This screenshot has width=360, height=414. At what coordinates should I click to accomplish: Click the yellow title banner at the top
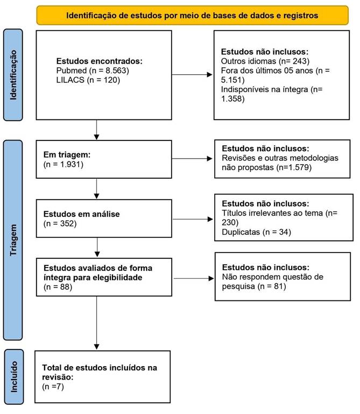[193, 15]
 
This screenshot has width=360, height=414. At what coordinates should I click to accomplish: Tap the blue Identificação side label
[13, 75]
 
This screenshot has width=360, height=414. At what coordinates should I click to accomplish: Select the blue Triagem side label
[13, 240]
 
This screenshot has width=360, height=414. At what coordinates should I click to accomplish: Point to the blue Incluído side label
[14, 377]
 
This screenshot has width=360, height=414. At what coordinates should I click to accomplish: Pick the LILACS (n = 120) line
[88, 80]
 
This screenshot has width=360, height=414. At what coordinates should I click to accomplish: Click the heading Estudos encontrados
[99, 61]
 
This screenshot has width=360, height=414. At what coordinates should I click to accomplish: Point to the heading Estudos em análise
[82, 214]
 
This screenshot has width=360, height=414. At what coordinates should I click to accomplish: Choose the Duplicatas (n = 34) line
[256, 232]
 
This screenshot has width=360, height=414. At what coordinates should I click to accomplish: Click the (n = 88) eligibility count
[58, 287]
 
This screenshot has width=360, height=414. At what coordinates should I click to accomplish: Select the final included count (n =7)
[53, 387]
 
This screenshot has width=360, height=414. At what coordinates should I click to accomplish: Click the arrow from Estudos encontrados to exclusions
[192, 75]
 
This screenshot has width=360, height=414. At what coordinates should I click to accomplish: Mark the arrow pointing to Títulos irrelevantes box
[193, 219]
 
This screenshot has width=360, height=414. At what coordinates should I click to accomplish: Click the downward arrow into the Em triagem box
[97, 130]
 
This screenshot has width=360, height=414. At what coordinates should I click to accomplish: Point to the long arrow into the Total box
[97, 323]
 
